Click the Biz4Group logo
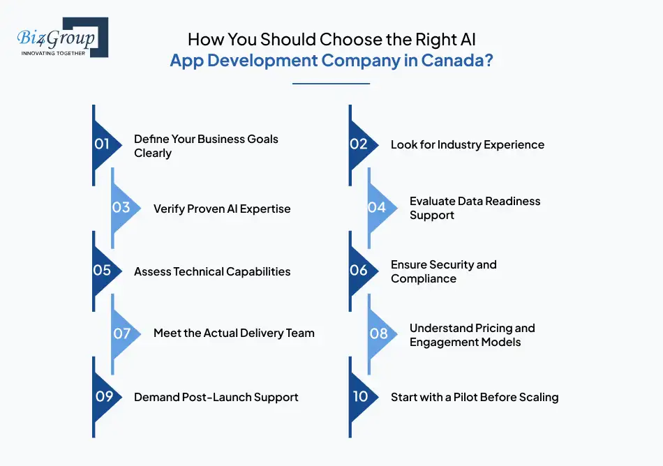tap(63, 37)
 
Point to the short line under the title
tap(331, 84)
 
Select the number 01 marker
tap(105, 145)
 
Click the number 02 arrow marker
tap(362, 145)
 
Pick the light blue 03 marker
tap(125, 208)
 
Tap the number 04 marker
tap(381, 208)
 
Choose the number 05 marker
tap(105, 271)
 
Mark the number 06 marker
tap(362, 271)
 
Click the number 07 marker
tap(125, 333)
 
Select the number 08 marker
tap(381, 333)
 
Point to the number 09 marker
tap(105, 397)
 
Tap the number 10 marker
tap(362, 397)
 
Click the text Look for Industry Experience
tap(467, 145)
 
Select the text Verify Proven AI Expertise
tap(222, 209)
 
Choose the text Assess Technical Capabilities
tap(212, 271)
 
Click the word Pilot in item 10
tap(465, 397)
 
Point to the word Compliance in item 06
tap(424, 279)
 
